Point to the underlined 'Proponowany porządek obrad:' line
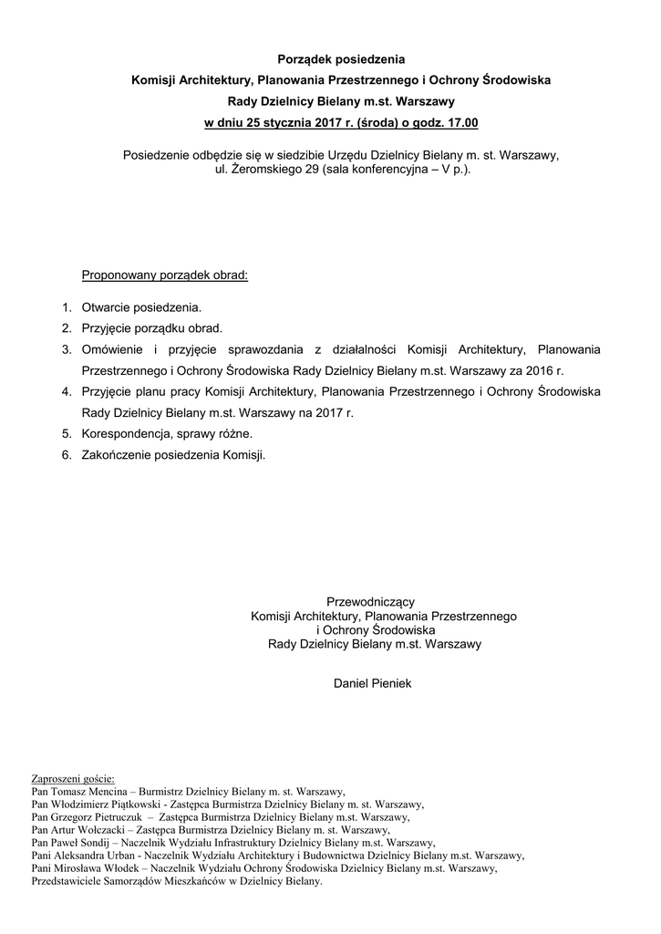click(x=165, y=274)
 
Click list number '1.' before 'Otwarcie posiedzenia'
click(x=67, y=308)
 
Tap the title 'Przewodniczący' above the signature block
click(x=371, y=601)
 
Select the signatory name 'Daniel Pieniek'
click(x=373, y=682)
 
